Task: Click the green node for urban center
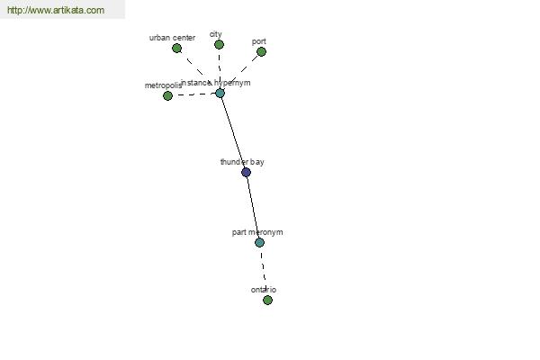176,49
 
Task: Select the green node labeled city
219,44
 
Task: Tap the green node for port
261,51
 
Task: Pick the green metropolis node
167,95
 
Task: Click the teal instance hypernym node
220,93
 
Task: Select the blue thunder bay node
246,172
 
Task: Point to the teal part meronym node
260,242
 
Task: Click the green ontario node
267,300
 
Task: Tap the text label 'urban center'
172,38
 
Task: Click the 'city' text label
216,34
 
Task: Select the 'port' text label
259,41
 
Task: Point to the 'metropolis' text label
163,85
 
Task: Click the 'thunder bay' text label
242,162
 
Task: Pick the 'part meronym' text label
257,232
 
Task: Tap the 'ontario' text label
264,290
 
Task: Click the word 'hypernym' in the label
232,83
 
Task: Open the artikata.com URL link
56,10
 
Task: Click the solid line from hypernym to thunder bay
233,132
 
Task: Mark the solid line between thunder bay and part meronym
253,207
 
